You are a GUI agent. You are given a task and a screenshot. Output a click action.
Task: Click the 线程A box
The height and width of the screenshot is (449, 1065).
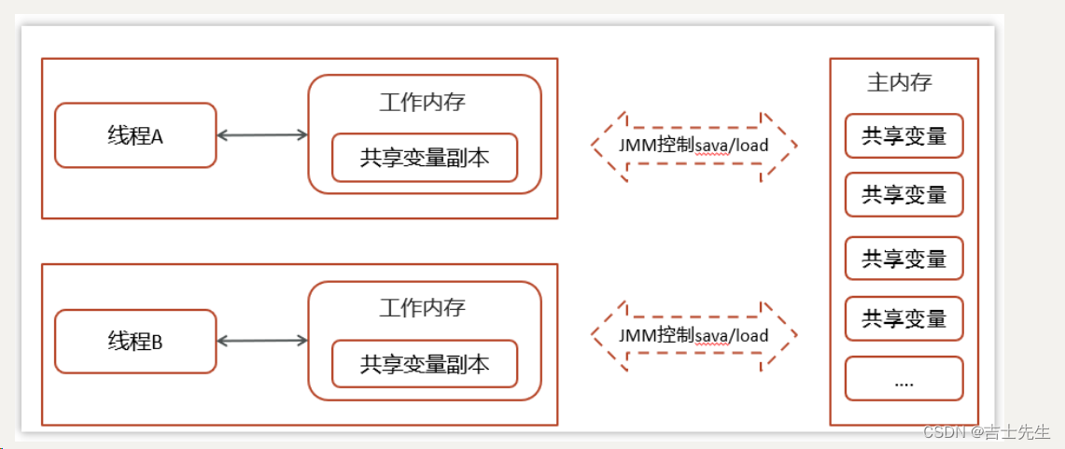tap(135, 135)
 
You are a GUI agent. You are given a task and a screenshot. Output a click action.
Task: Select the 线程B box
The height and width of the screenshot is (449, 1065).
tap(135, 342)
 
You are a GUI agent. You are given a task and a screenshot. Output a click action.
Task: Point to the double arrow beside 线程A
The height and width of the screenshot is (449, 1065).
tap(262, 135)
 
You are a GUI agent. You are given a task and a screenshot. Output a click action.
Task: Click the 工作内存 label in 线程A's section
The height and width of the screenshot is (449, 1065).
tap(422, 102)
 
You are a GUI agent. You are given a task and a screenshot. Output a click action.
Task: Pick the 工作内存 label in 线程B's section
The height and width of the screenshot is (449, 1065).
tap(422, 307)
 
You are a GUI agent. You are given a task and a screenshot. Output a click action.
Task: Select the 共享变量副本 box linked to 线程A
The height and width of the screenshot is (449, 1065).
tap(425, 158)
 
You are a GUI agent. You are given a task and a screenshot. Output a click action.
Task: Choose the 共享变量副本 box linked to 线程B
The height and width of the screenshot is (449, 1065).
tap(425, 364)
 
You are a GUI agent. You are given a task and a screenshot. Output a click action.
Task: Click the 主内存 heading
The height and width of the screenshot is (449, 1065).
tap(900, 82)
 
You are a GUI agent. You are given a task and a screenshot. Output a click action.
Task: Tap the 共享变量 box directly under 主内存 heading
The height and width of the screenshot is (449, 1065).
tap(904, 136)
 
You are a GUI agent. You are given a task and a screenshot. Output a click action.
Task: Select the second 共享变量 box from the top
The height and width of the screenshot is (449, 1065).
tap(904, 194)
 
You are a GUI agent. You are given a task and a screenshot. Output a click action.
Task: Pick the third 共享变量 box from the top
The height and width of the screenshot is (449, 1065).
tap(904, 258)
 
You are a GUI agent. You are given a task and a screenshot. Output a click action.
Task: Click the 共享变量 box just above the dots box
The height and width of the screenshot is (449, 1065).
tap(904, 318)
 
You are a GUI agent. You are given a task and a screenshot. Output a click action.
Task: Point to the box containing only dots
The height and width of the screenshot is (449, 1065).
tap(904, 379)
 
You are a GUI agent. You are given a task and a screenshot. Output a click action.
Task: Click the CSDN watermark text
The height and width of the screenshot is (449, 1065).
tap(943, 432)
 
